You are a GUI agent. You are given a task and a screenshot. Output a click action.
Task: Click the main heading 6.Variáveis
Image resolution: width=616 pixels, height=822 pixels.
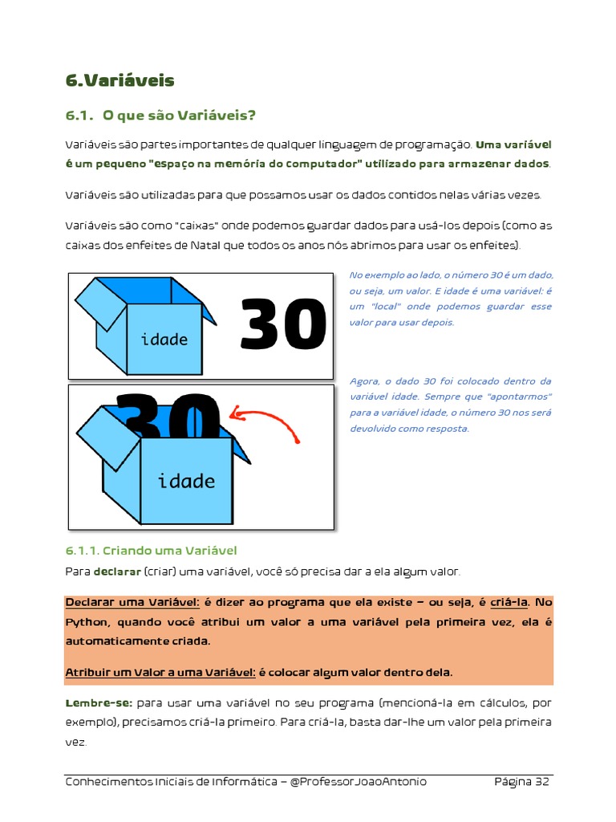(120, 80)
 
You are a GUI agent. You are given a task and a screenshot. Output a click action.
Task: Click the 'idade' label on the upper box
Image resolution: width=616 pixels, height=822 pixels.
(164, 340)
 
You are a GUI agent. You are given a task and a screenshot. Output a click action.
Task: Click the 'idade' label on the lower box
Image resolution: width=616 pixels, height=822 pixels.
(186, 482)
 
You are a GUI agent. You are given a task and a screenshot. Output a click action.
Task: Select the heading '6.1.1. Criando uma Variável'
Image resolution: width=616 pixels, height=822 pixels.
(151, 551)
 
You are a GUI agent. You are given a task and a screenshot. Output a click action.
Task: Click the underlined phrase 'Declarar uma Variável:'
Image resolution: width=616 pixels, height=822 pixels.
(132, 602)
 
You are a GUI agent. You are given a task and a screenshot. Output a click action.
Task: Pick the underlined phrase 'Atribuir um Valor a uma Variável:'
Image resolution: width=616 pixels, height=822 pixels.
(160, 672)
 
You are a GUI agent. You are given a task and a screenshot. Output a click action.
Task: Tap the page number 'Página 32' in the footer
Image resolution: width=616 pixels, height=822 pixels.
(521, 782)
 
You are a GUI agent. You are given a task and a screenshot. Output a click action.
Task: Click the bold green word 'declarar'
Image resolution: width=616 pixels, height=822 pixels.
(117, 572)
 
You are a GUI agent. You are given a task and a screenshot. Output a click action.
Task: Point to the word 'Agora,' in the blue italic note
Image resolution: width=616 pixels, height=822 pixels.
(366, 381)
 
